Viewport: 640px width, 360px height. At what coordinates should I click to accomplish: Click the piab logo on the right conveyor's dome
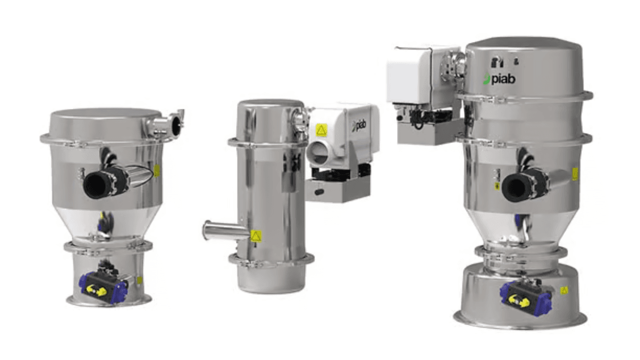point(499,78)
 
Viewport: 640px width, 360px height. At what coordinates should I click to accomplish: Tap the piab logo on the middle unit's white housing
point(359,125)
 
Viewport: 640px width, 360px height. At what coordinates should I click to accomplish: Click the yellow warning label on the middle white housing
point(321,130)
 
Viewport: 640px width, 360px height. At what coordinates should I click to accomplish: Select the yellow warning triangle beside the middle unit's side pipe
point(256,236)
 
